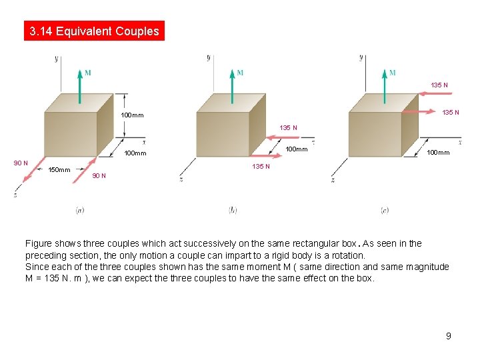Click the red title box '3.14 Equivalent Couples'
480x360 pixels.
[x=94, y=31]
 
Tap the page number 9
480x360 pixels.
[x=449, y=336]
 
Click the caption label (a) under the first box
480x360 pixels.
[x=79, y=210]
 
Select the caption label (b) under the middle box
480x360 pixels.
[x=232, y=210]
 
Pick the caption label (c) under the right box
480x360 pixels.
[x=385, y=210]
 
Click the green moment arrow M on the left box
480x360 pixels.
[x=79, y=87]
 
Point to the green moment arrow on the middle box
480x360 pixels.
[x=232, y=87]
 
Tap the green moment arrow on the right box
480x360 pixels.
[x=384, y=87]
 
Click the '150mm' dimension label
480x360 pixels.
[x=60, y=170]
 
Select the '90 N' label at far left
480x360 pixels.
[x=21, y=163]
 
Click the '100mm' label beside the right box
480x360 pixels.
[x=438, y=153]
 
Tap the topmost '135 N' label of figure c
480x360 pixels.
[x=439, y=85]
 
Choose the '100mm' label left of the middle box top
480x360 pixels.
[x=133, y=115]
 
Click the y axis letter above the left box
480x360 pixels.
[x=57, y=59]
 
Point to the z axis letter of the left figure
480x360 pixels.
[x=15, y=194]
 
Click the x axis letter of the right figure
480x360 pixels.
[x=460, y=142]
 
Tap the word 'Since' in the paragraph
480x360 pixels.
[x=37, y=267]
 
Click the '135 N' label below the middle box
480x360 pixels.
[x=261, y=166]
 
